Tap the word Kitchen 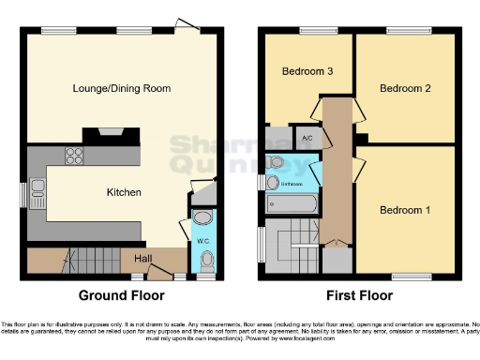[x=123, y=192]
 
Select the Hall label [x=142, y=258]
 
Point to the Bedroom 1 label [x=405, y=210]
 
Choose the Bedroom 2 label [x=405, y=88]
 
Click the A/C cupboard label [x=307, y=138]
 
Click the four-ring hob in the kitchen [x=73, y=158]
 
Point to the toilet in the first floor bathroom [x=275, y=163]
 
